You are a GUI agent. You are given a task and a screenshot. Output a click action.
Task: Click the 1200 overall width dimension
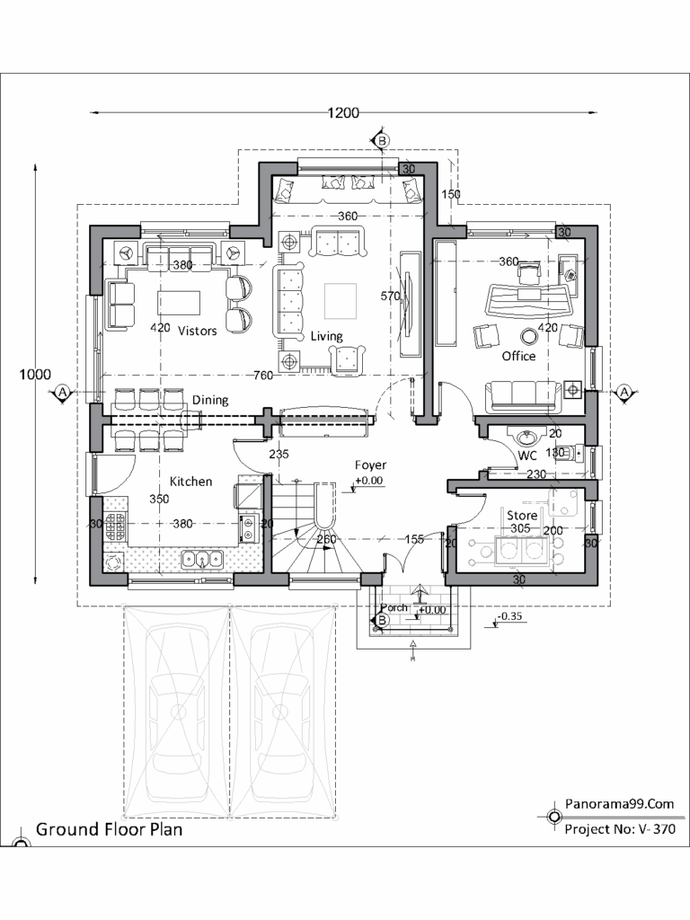point(343,113)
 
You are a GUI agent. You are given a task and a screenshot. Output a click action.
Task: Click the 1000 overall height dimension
point(35,375)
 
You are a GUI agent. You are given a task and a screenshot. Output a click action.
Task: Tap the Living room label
point(326,336)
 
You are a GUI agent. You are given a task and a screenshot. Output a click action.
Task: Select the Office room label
point(518,356)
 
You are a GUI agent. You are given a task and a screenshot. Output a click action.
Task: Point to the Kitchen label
point(191,482)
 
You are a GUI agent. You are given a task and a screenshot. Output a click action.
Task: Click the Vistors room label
point(197,331)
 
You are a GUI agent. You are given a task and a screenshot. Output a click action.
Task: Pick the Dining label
point(209,400)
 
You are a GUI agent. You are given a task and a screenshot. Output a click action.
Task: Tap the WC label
point(527,456)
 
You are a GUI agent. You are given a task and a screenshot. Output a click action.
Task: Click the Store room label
point(522,516)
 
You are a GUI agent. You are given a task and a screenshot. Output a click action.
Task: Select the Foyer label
point(370,465)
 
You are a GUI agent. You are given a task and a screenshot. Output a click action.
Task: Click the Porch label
point(394,608)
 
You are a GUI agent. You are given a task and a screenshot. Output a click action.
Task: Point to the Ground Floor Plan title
point(109,829)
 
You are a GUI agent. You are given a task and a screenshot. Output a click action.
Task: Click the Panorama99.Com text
point(619,805)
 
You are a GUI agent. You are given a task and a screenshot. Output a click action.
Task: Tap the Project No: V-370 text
point(619,829)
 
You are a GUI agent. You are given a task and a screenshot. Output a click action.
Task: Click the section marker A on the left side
point(62,393)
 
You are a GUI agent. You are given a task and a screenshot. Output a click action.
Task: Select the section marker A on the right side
point(625,393)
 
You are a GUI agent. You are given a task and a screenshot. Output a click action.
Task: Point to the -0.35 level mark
point(511,616)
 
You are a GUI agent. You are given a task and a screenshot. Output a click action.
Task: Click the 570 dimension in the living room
point(390,296)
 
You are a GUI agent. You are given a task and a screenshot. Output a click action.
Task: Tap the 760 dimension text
point(263,375)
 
